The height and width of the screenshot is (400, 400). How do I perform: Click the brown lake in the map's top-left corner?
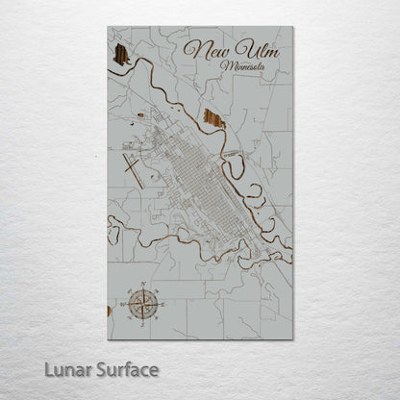[121, 55]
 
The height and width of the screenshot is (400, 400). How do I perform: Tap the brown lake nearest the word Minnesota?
[214, 119]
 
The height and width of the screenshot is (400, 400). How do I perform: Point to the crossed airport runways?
[133, 170]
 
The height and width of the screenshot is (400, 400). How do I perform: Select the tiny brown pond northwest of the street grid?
[141, 115]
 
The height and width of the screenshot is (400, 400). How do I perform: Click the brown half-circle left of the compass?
[110, 311]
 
